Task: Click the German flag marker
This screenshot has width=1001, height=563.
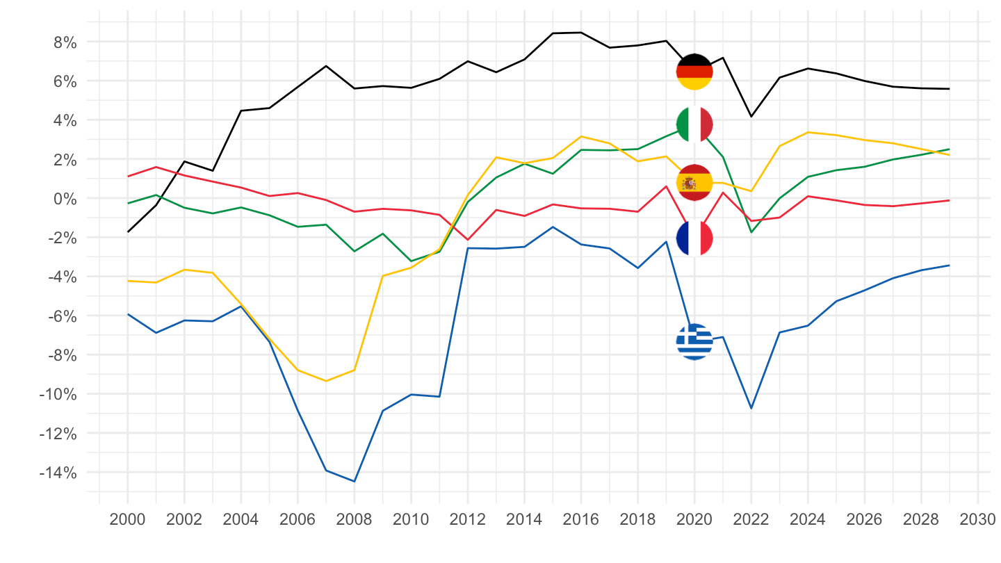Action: pyautogui.click(x=694, y=72)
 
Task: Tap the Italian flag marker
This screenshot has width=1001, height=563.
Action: pyautogui.click(x=694, y=124)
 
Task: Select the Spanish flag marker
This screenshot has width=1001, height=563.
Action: pyautogui.click(x=694, y=183)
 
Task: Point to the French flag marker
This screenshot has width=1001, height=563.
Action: pyautogui.click(x=694, y=238)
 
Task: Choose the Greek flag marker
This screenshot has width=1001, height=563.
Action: pyautogui.click(x=694, y=341)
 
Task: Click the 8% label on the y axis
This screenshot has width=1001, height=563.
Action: pyautogui.click(x=62, y=42)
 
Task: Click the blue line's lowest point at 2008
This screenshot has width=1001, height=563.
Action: pyautogui.click(x=354, y=481)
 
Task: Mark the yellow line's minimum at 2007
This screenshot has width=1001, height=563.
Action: pyautogui.click(x=325, y=381)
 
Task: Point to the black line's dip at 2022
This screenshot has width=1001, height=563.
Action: pyautogui.click(x=751, y=116)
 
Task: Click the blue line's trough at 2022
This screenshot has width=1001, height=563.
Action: pyautogui.click(x=751, y=408)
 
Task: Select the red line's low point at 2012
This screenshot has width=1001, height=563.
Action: pyautogui.click(x=467, y=240)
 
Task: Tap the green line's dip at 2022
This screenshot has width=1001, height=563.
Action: pyautogui.click(x=751, y=232)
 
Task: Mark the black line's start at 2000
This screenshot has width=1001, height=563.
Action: pyautogui.click(x=128, y=231)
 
